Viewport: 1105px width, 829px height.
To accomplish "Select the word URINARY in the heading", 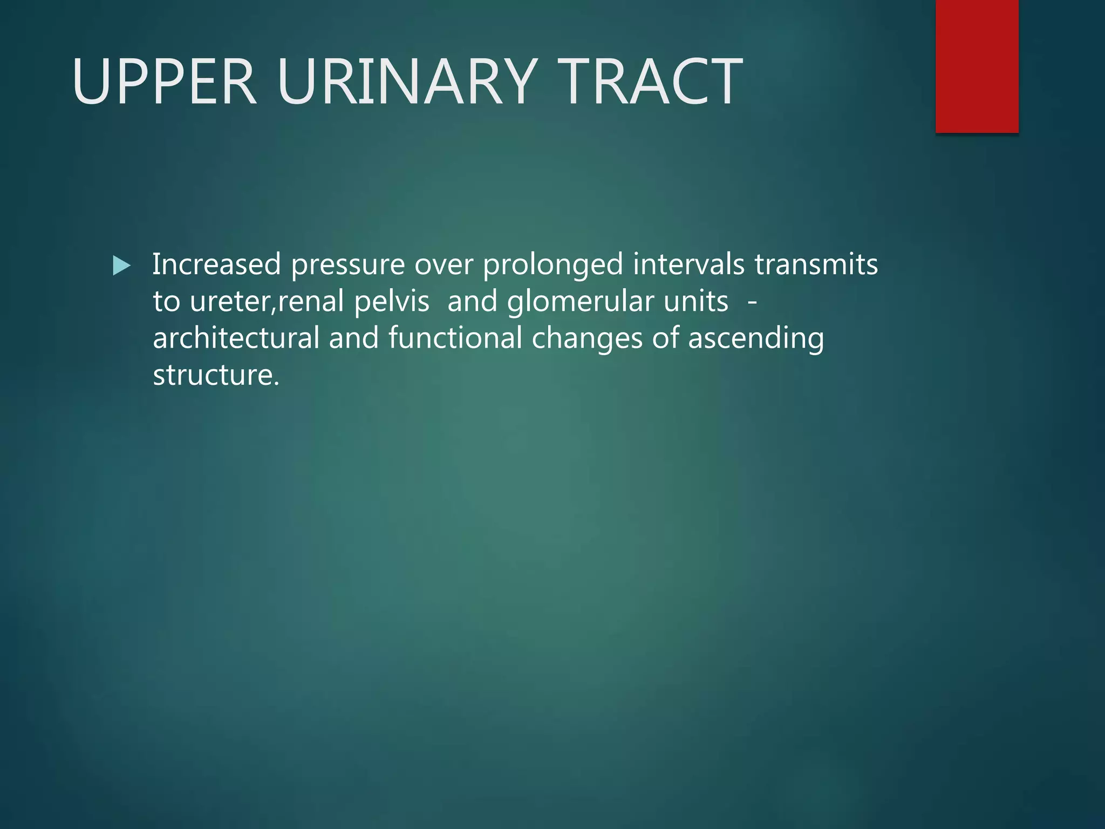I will click(407, 81).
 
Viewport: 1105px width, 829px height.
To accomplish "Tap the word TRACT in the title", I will click(650, 81).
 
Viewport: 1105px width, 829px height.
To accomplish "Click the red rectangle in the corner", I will click(977, 66).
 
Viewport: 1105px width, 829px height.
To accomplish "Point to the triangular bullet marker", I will click(121, 266).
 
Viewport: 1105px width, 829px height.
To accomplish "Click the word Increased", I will click(216, 264).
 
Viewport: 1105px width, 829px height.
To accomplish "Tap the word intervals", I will click(689, 264).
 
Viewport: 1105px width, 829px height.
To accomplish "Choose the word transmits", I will click(816, 264).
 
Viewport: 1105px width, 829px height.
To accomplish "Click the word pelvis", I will click(392, 302).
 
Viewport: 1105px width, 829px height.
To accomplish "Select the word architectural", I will click(236, 338).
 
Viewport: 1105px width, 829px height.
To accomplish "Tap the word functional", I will click(455, 338).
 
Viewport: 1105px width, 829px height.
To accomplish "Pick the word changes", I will click(587, 339).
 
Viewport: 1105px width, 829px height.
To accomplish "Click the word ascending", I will click(756, 339).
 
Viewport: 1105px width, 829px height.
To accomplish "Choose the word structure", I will click(216, 375).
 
